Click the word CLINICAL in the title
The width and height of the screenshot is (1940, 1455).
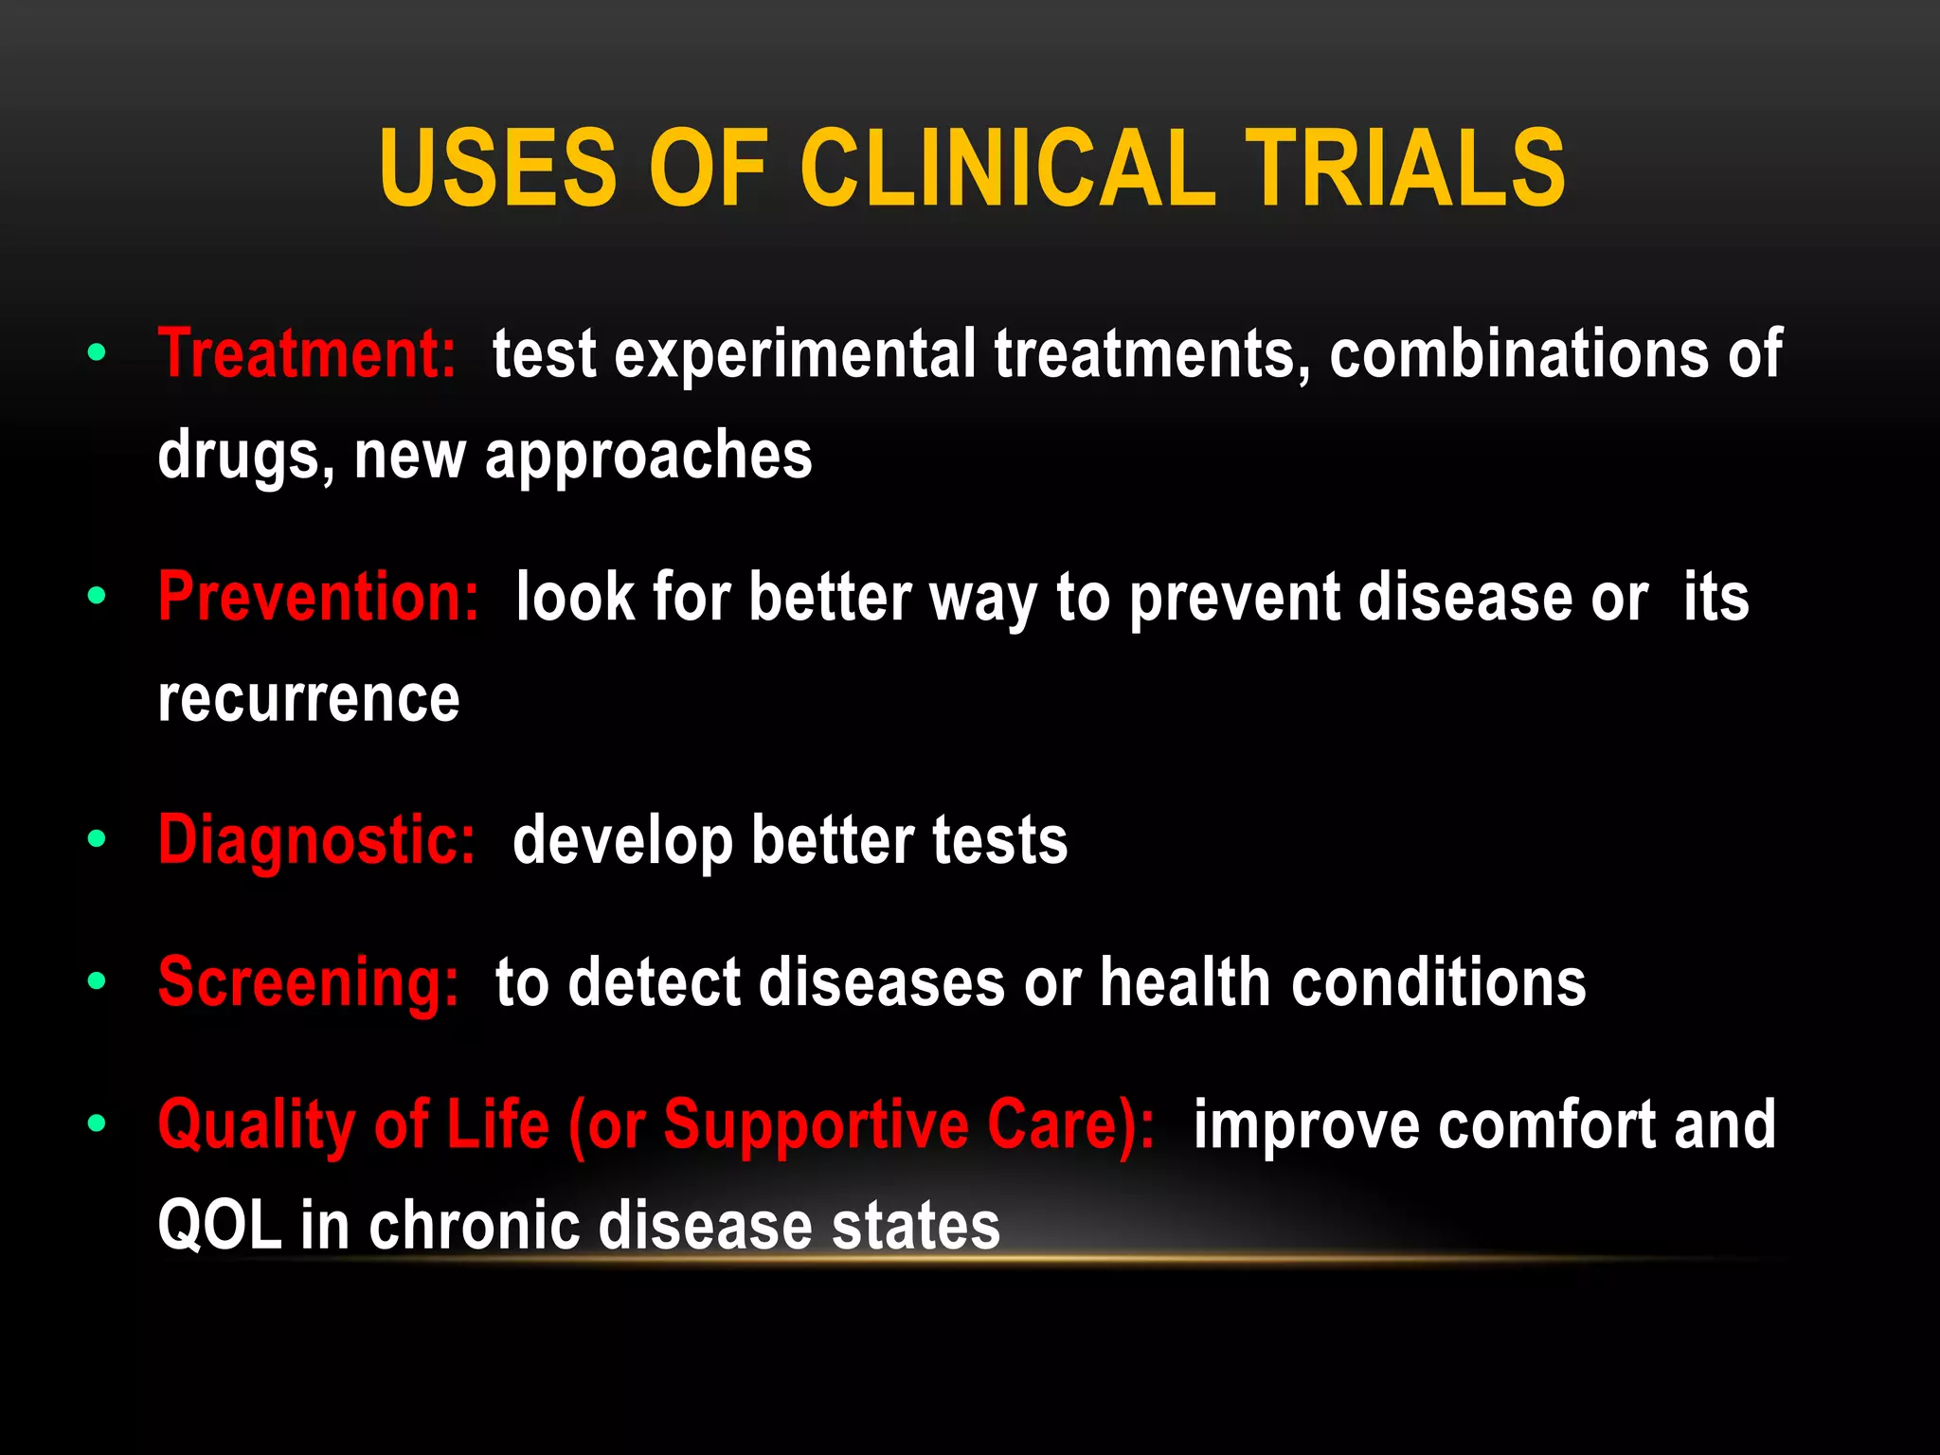pyautogui.click(x=1008, y=169)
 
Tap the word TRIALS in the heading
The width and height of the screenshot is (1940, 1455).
pyautogui.click(x=1406, y=169)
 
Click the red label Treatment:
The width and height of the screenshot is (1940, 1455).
pyautogui.click(x=307, y=354)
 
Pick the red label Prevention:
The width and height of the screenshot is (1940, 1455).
pyautogui.click(x=318, y=598)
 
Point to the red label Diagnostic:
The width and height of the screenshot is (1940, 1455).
pyautogui.click(x=316, y=840)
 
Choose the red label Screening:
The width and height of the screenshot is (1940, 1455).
pyautogui.click(x=309, y=982)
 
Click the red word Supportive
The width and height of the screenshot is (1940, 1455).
pyautogui.click(x=816, y=1125)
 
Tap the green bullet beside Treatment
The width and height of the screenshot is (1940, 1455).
pyautogui.click(x=97, y=354)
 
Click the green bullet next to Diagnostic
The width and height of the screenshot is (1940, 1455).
pyautogui.click(x=97, y=839)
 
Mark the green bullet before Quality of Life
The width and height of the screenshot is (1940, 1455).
pyautogui.click(x=97, y=1124)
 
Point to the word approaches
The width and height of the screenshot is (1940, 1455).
pyautogui.click(x=649, y=457)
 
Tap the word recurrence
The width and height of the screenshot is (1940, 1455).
pyautogui.click(x=309, y=700)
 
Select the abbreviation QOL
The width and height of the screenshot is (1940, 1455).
pyautogui.click(x=220, y=1226)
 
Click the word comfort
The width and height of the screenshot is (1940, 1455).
pyautogui.click(x=1547, y=1125)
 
